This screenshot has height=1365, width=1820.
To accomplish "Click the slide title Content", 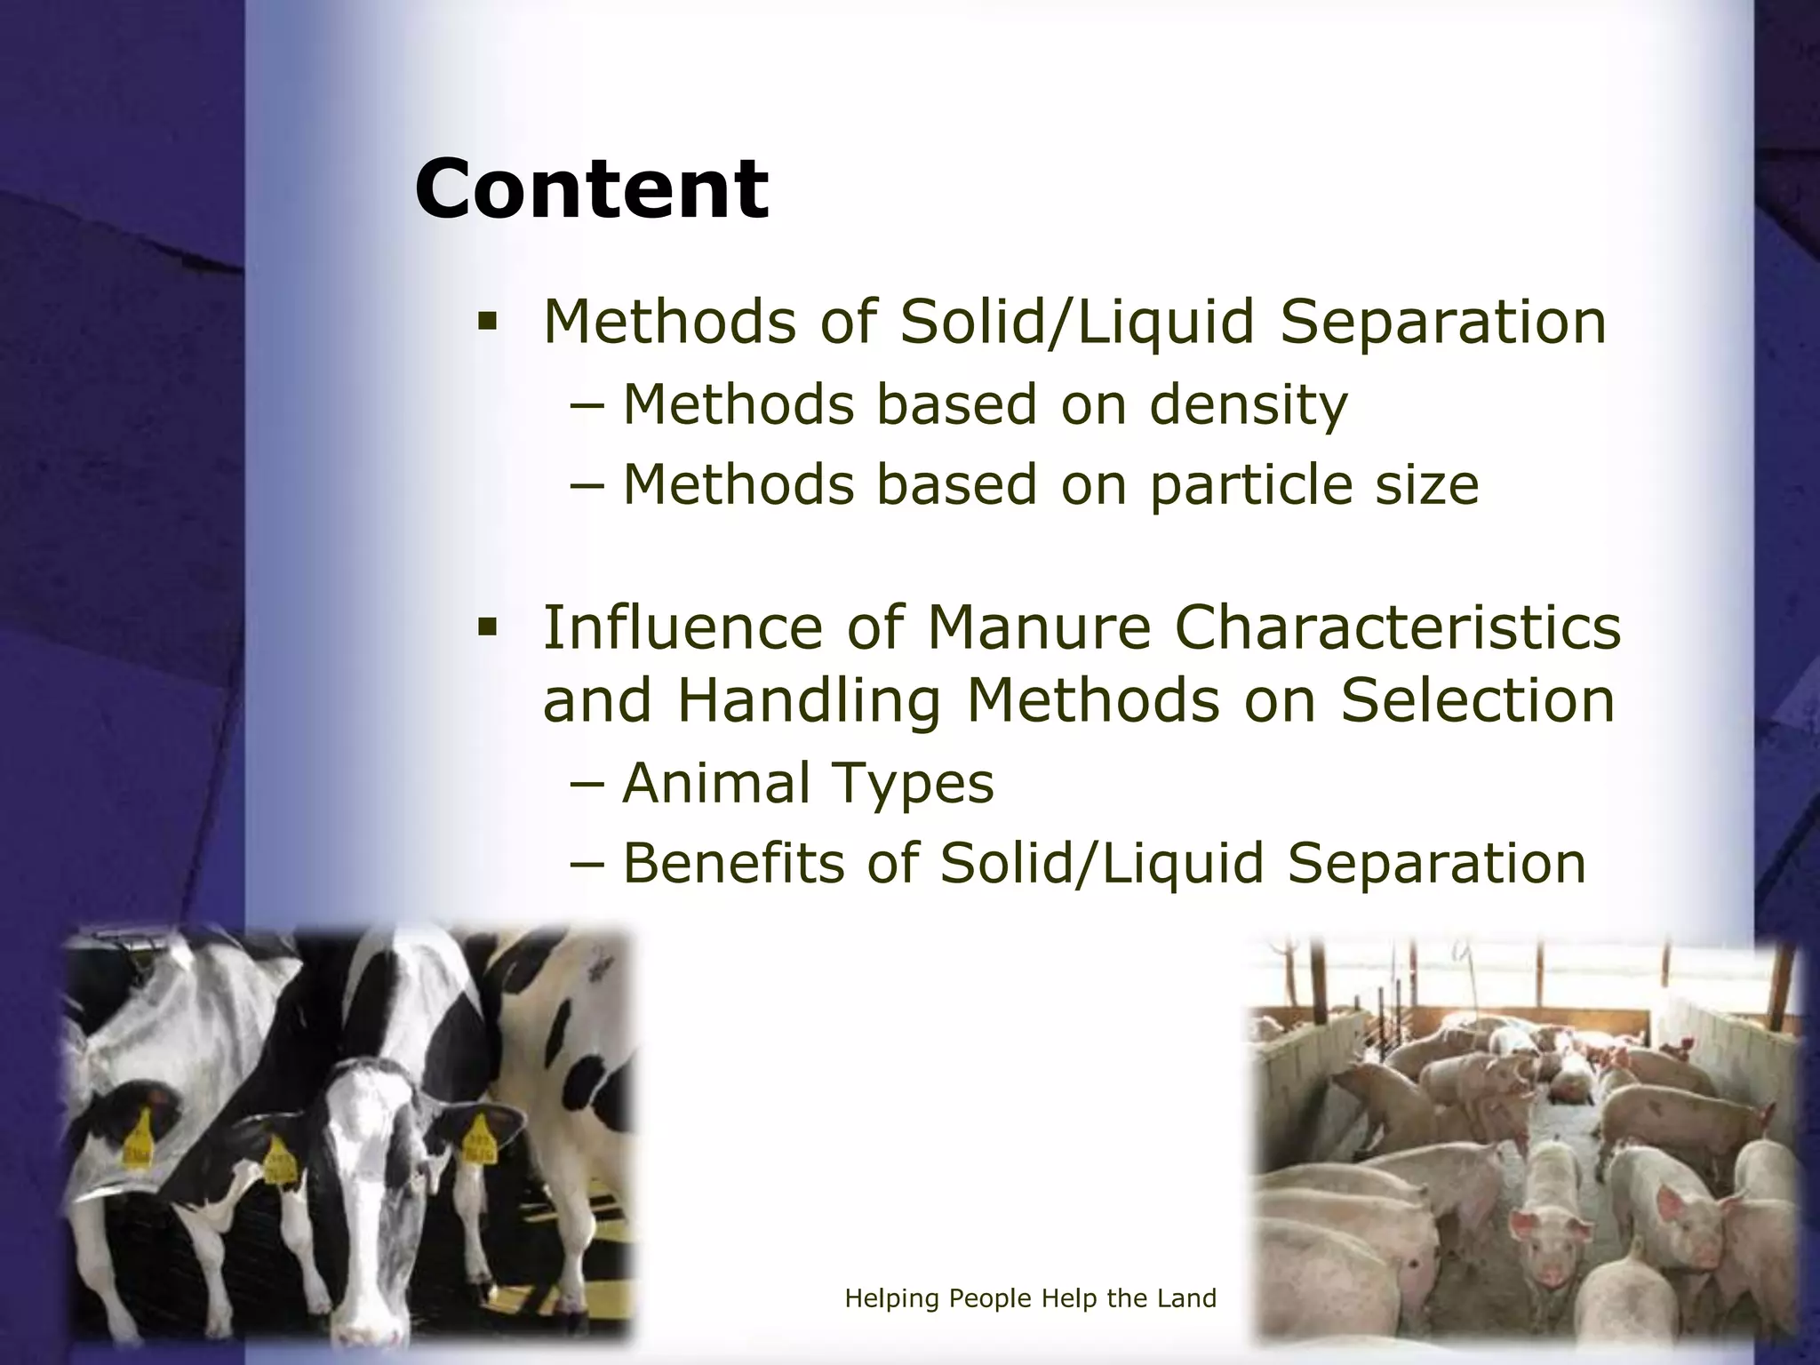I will coord(591,188).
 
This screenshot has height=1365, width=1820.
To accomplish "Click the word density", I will coord(1248,405).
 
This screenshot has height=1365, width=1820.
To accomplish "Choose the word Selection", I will coord(1477,700).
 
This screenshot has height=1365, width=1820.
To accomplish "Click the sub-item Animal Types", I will coord(807,784).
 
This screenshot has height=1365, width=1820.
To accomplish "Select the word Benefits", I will coord(733,863).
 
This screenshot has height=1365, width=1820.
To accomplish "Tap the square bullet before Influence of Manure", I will coord(487,627).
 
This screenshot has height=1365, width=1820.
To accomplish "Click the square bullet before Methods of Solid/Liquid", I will coord(487,321).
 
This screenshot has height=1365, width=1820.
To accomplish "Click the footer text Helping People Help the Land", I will coord(1030,1298).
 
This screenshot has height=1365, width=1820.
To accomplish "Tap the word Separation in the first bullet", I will coord(1443,321).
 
